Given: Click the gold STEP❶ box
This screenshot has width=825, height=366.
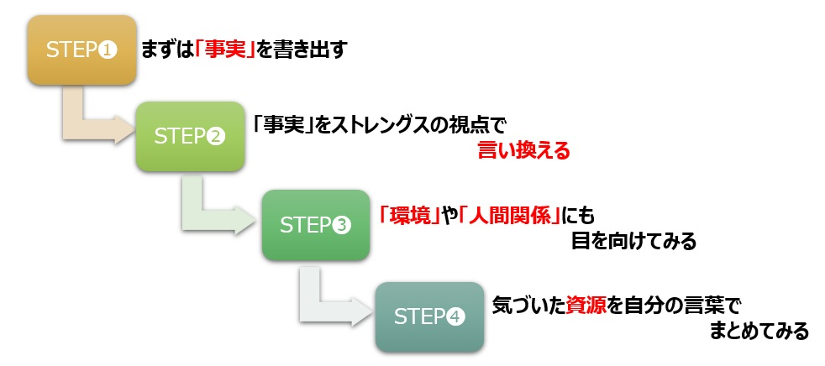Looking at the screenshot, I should coord(81,50).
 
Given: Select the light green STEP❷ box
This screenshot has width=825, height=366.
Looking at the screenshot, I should coord(190,137).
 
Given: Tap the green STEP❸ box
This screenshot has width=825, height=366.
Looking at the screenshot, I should coord(315,224).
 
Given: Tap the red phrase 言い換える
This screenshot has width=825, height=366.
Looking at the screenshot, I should coord(523,151).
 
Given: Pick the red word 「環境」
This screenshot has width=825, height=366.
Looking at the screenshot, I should coord(410,216).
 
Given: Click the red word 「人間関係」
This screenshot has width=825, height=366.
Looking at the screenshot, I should coord(512,216).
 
